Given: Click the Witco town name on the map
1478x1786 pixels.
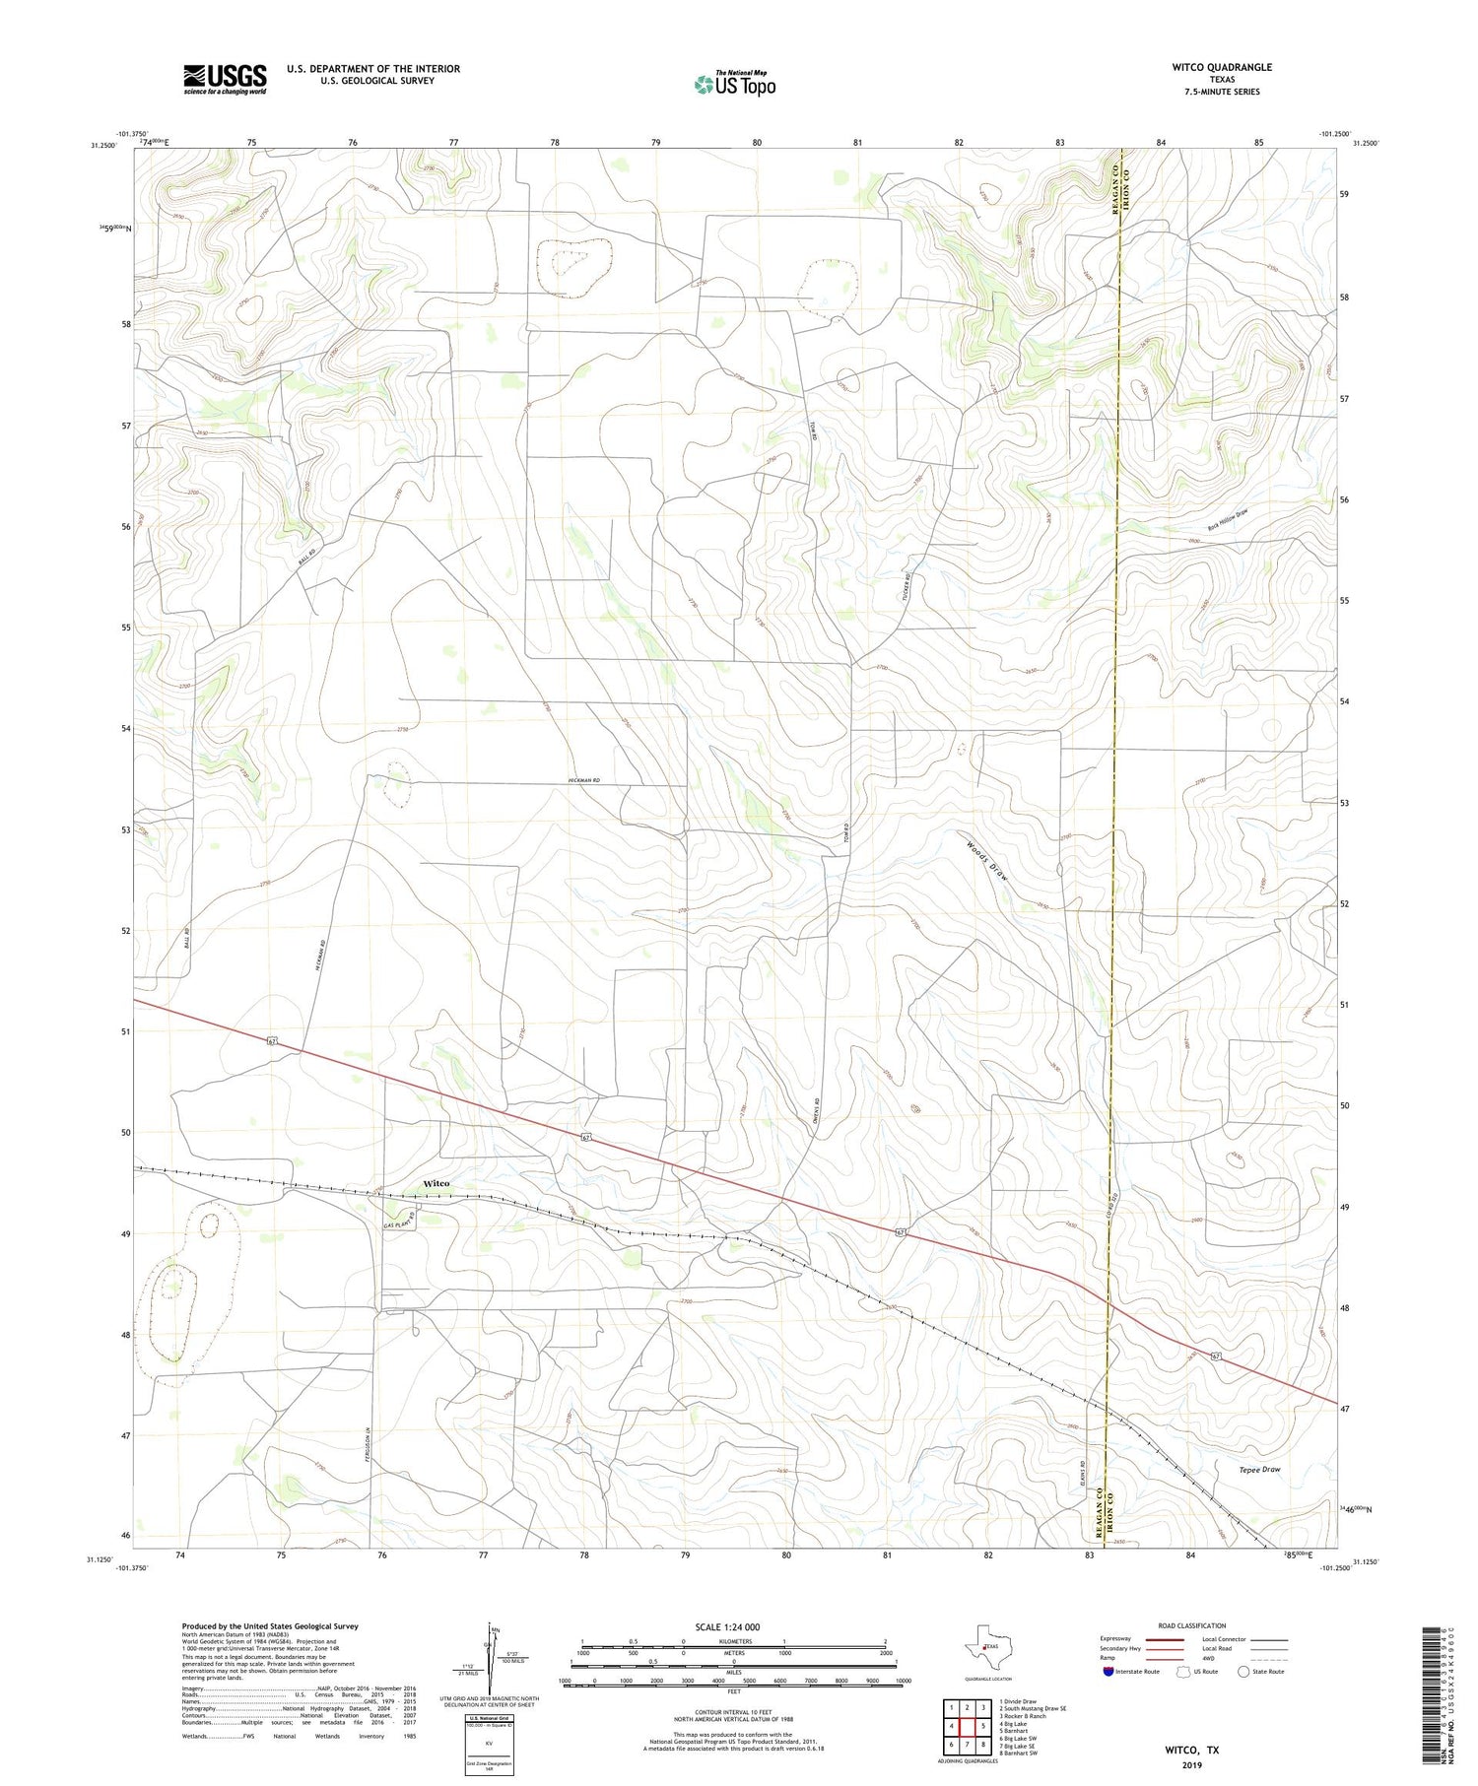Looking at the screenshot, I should pos(436,1183).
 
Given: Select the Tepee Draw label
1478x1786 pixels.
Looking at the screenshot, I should pos(1259,1469).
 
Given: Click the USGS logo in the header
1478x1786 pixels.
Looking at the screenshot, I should pos(224,79).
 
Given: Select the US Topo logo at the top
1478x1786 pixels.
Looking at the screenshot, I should pos(734,85).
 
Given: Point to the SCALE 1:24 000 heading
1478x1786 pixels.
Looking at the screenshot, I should pos(733,1626).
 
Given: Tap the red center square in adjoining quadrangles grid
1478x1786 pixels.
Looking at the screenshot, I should pos(968,1726).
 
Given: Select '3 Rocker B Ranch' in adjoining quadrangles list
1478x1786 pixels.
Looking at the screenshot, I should pos(1023,1716).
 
